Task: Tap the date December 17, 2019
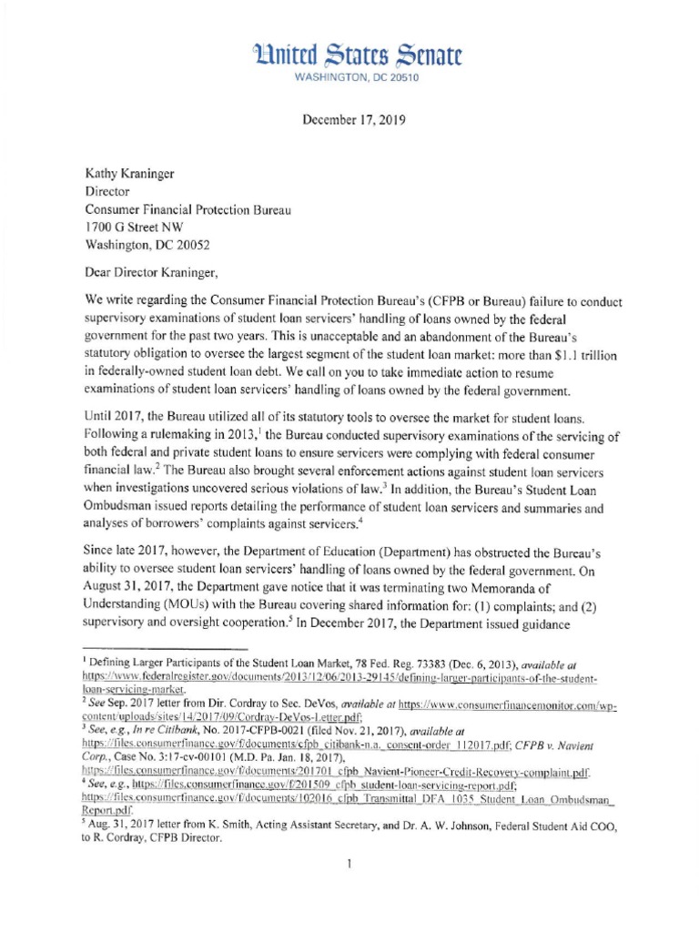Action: (349, 119)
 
